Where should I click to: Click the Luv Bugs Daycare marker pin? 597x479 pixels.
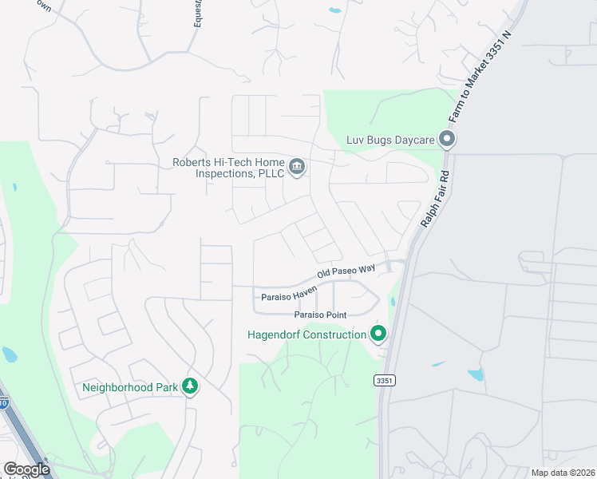tap(447, 141)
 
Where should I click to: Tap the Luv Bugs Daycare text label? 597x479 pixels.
tap(390, 141)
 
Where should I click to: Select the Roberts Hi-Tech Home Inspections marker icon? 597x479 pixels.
tap(297, 167)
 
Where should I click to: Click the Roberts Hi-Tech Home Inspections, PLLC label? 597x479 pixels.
tap(228, 168)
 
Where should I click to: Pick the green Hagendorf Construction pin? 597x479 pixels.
tap(378, 334)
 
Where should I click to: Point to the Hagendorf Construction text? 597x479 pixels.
tap(306, 335)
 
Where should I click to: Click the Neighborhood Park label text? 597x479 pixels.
tap(131, 389)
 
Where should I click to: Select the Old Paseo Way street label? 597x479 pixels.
tap(346, 271)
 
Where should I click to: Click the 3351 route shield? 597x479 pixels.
tap(385, 381)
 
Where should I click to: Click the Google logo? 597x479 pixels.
tap(27, 469)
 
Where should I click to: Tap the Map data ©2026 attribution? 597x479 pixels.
tap(563, 473)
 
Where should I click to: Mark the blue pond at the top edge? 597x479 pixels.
tap(334, 11)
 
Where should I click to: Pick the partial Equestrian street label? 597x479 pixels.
tap(198, 14)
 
